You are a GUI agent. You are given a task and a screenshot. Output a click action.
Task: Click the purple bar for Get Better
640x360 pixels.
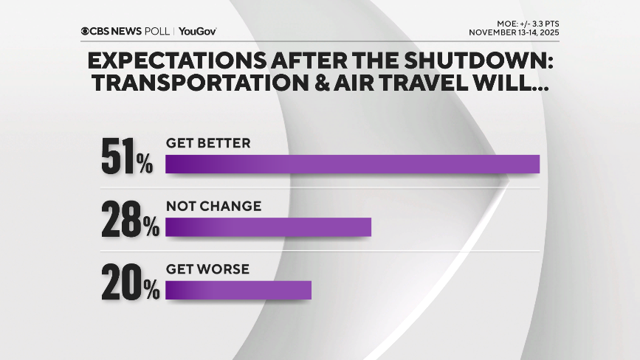pos(352,164)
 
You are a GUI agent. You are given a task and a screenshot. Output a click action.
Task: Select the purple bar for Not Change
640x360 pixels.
pos(268,227)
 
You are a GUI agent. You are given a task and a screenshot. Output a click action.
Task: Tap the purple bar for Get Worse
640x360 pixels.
pos(238,290)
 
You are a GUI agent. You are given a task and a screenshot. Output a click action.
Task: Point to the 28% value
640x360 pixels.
pos(130,219)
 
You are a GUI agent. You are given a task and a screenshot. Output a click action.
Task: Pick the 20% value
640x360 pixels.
pos(130,282)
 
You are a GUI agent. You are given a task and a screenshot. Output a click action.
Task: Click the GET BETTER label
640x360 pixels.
pos(208,144)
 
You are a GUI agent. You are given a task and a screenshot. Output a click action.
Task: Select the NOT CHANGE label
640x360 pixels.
pos(213,207)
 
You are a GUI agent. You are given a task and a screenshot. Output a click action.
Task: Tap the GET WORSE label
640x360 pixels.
pos(207,269)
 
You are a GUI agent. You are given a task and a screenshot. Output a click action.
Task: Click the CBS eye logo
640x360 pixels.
pos(86,31)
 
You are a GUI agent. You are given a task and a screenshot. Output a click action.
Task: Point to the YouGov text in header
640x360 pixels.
pos(197,31)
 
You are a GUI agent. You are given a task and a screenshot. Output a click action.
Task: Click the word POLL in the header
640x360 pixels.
pos(158,31)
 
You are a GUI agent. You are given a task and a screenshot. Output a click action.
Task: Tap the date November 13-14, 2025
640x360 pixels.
pos(517,32)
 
